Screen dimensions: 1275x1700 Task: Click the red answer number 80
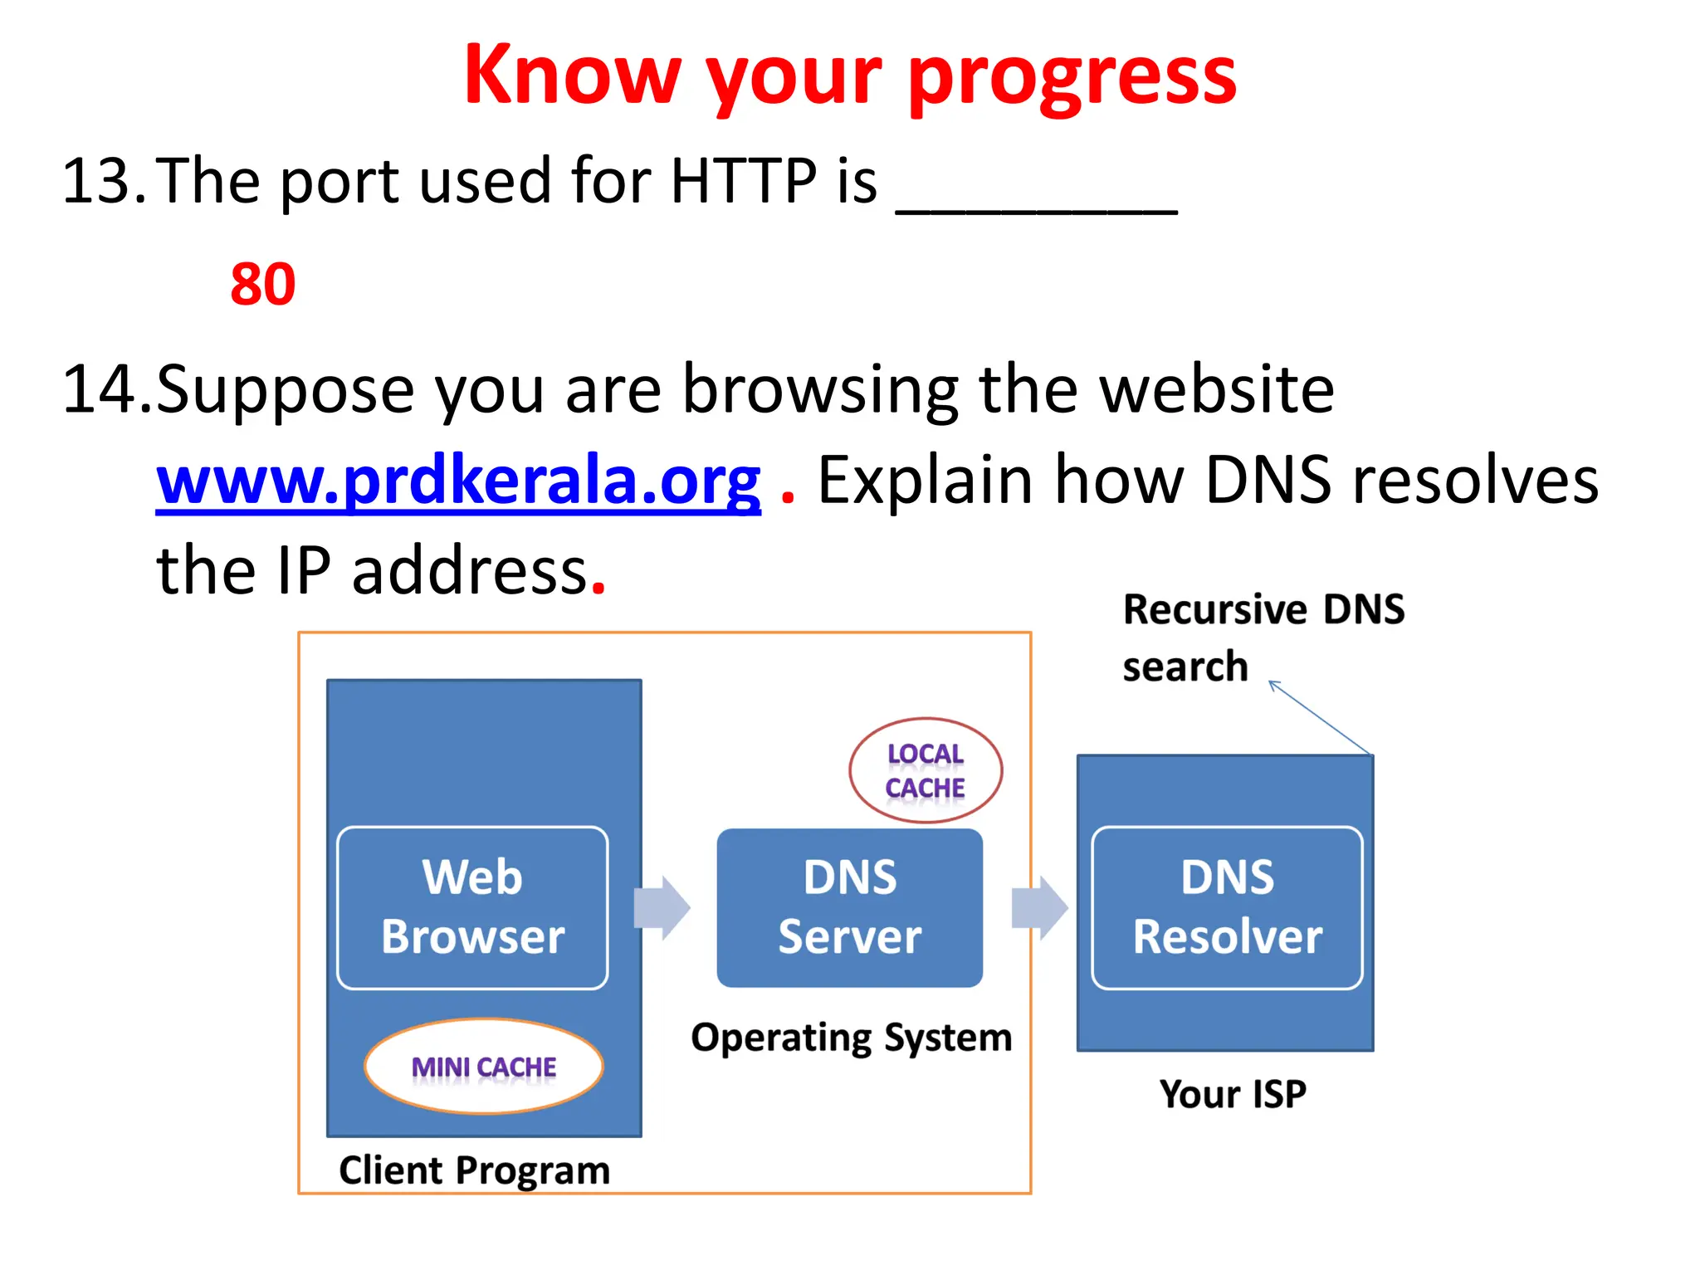tap(262, 285)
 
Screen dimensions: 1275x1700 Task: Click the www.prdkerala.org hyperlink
tap(458, 481)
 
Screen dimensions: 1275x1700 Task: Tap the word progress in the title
tap(1072, 76)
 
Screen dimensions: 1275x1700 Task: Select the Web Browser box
tap(472, 907)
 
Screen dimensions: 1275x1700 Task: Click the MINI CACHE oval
tap(484, 1066)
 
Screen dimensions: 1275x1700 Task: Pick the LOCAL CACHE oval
tap(926, 770)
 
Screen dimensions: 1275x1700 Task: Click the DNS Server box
tap(850, 907)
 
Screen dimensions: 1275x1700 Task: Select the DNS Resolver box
tap(1227, 907)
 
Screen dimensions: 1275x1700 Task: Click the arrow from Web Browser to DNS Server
tap(662, 907)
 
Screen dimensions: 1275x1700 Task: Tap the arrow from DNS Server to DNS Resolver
tap(1039, 907)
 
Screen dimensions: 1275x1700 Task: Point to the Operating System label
tap(852, 1038)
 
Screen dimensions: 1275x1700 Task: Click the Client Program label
tap(474, 1170)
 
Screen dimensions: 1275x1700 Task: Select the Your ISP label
tap(1233, 1094)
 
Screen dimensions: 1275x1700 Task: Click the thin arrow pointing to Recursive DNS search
tap(1320, 718)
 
